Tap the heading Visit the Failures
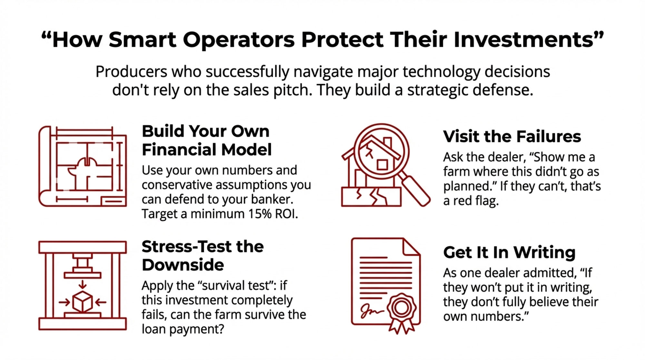pos(512,136)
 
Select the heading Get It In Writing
pos(509,252)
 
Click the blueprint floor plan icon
pos(83,166)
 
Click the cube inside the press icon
pos(83,302)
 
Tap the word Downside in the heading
pos(183,265)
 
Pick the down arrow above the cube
pos(83,284)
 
